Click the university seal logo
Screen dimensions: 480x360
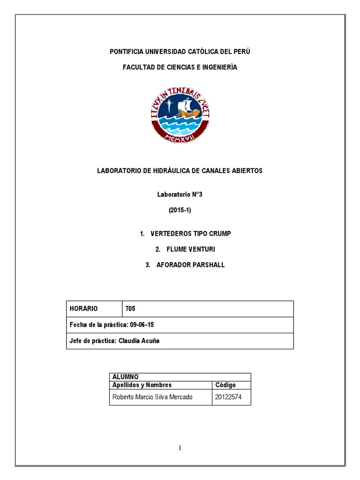(180, 114)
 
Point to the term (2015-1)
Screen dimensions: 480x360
(180, 210)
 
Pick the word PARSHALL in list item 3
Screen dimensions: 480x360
(207, 265)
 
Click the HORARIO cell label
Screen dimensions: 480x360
(84, 308)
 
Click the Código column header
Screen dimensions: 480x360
(225, 385)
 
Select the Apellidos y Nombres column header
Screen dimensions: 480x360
(142, 385)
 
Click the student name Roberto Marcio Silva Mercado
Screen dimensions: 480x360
(152, 398)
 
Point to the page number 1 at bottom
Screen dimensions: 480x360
(180, 448)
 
